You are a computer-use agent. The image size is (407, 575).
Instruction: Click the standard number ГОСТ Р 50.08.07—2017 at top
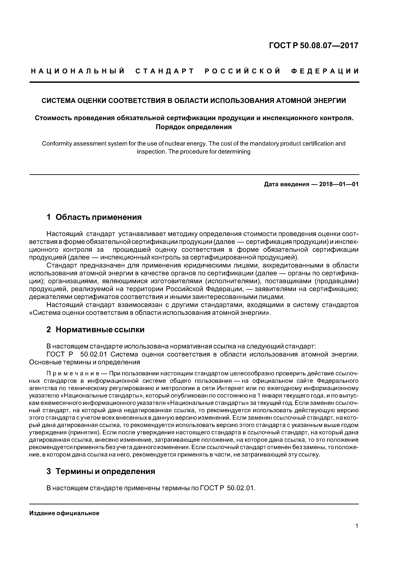(x=313, y=46)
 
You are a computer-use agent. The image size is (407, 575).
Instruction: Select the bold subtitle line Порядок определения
(x=194, y=127)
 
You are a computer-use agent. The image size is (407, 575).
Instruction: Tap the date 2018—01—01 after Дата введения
(x=339, y=185)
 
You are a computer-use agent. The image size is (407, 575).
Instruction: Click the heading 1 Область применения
(x=94, y=217)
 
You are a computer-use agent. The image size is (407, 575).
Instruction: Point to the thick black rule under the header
(x=194, y=82)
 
